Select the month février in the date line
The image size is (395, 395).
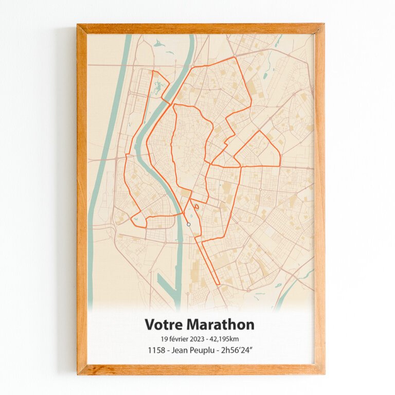click(x=180, y=338)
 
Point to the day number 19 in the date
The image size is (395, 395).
click(x=164, y=338)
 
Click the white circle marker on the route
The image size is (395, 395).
click(x=189, y=224)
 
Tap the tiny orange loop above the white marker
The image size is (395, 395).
click(x=197, y=206)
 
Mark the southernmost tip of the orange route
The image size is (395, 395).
click(x=219, y=284)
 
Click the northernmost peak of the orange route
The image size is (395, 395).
click(x=236, y=58)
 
